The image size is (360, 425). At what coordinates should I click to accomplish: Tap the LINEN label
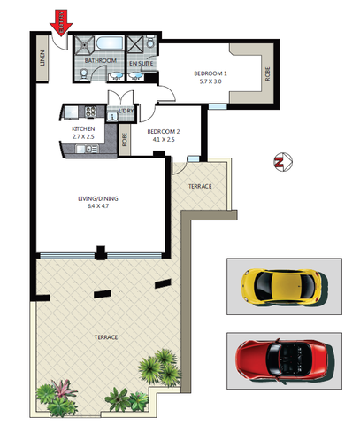tap(42, 58)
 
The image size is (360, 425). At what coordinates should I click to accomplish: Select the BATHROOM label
tap(101, 61)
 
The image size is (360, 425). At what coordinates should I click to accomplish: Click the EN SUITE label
tap(142, 65)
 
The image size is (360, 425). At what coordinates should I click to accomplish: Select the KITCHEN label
tap(82, 130)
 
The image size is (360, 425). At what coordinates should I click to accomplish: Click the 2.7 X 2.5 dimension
tap(82, 138)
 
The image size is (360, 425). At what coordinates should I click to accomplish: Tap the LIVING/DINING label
tap(96, 198)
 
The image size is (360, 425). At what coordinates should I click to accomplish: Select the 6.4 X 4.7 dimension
tap(96, 206)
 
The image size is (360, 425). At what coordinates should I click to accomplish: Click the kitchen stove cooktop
tap(72, 112)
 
